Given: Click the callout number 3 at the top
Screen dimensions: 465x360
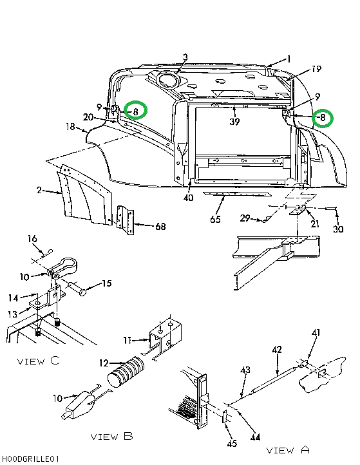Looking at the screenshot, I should click(185, 58).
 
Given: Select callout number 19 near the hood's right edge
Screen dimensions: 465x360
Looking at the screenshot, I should click(316, 69).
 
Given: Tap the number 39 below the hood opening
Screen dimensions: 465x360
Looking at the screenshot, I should click(235, 121).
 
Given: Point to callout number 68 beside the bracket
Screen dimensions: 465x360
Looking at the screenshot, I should click(160, 226).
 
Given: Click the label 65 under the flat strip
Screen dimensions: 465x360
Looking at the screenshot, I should click(215, 220).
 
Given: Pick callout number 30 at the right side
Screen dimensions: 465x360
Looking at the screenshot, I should click(338, 229).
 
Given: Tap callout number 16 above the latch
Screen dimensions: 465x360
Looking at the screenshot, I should click(32, 239).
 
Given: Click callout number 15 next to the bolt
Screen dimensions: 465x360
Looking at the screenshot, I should click(106, 283).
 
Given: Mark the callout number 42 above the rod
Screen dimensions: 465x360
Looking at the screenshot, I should click(276, 350).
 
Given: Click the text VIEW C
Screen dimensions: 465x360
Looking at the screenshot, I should click(39, 361).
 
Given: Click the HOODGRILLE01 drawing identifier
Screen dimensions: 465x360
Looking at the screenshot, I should click(30, 459).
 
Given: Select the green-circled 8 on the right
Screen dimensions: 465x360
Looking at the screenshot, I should click(322, 118).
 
